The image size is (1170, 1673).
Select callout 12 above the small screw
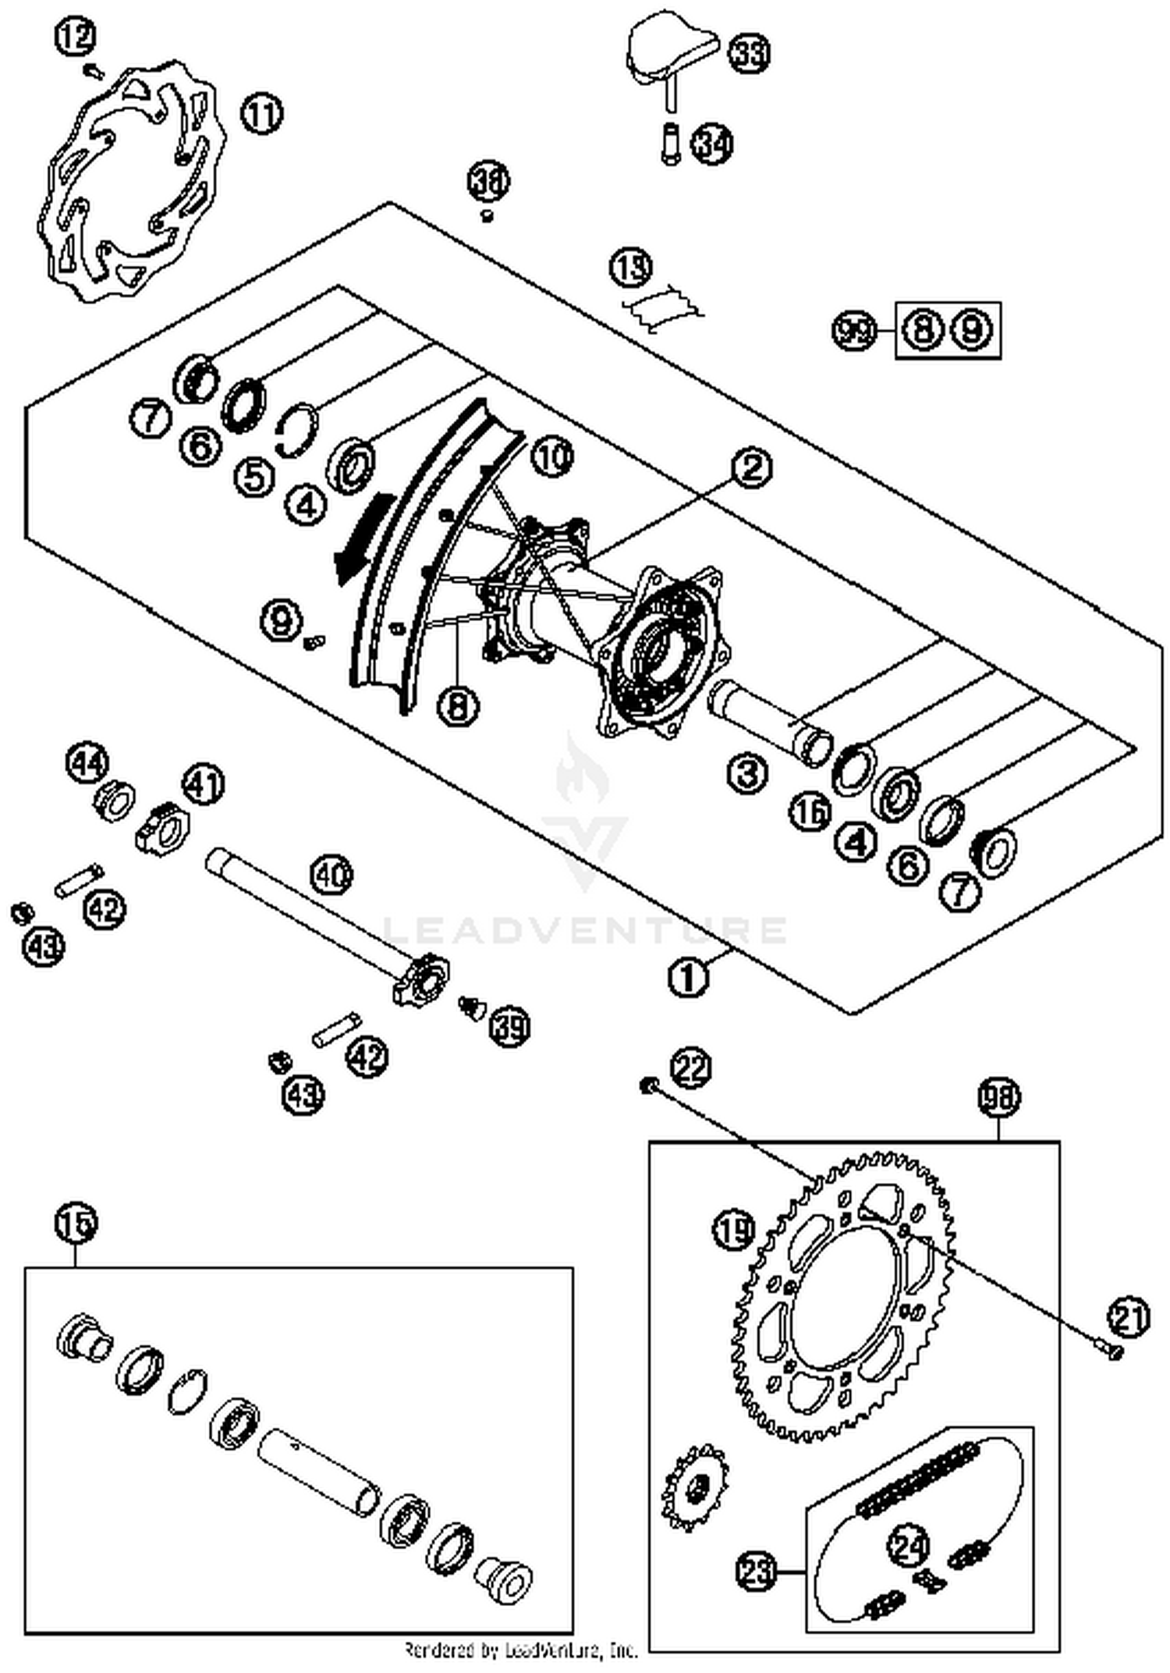click(x=76, y=37)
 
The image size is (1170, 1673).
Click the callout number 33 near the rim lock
click(x=748, y=54)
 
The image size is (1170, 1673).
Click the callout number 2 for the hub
click(x=751, y=468)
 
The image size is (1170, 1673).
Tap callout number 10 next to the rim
click(x=551, y=457)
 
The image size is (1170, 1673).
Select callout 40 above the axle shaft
click(x=331, y=876)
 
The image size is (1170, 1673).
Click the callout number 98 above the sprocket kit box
click(x=998, y=1098)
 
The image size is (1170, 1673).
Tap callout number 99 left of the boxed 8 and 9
click(x=854, y=331)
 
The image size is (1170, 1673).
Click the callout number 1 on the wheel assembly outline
click(x=689, y=975)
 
